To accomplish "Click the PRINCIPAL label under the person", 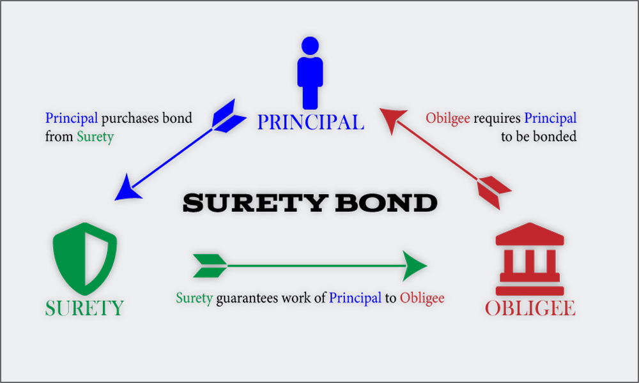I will click(311, 122).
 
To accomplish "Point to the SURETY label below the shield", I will click(84, 308).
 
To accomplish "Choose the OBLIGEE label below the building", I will click(530, 308).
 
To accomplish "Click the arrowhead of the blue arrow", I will click(128, 188).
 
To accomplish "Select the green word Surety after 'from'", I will click(95, 137).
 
